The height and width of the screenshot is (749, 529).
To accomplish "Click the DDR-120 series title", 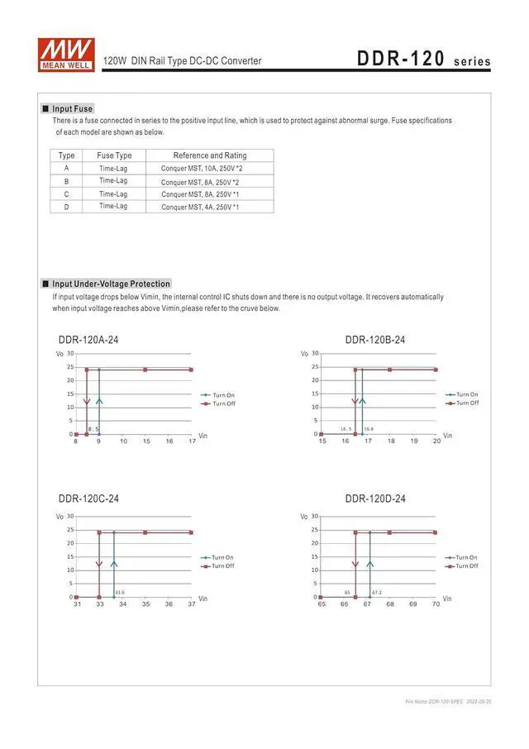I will pos(423,60).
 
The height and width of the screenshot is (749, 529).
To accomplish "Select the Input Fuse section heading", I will pos(72,108).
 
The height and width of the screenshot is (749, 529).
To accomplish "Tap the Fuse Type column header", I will pos(114,155).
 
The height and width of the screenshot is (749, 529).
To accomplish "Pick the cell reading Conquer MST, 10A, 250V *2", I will pos(202,169).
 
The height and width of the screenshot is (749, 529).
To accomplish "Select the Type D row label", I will pos(67,207).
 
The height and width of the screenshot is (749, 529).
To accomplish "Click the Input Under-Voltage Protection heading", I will pos(111,284).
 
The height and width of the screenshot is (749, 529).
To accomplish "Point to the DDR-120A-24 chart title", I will pos(94,340).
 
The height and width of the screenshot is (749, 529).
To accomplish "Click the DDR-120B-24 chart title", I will pos(375,340).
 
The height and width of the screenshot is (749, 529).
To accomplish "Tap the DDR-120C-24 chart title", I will pos(88,499).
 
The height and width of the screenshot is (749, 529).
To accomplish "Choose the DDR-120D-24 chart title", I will pos(375,499).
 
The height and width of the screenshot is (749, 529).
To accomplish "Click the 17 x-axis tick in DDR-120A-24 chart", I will pos(192,441).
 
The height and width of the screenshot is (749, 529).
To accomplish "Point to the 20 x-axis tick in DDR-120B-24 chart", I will pos(436,441).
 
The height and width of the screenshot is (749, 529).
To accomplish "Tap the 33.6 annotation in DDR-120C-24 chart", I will pos(120,592).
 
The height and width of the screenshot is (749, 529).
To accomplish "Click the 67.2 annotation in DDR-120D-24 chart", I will pos(377,592).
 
